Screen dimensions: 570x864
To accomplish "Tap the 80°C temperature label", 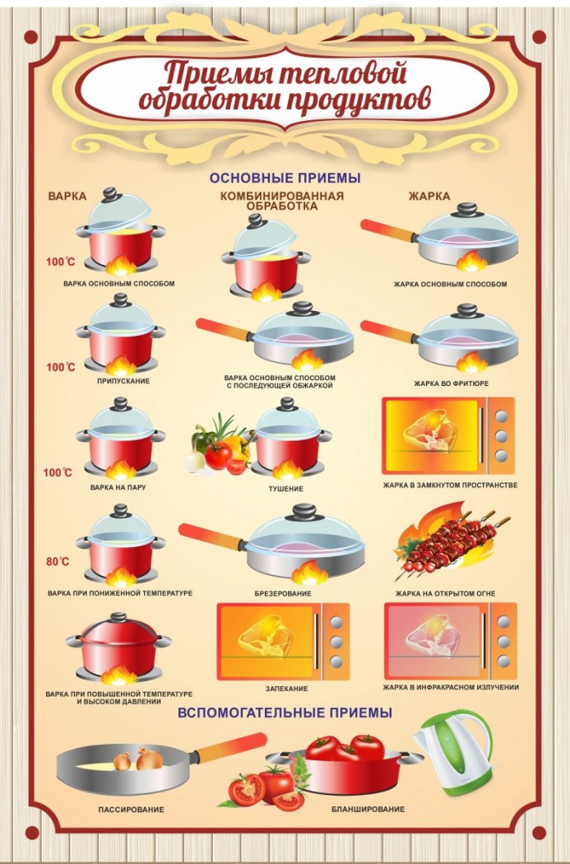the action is pyautogui.click(x=58, y=561).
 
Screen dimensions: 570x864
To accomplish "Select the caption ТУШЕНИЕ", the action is pyautogui.click(x=286, y=488).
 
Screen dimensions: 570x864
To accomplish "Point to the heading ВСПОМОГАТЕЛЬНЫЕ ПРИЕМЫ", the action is pyautogui.click(x=285, y=713).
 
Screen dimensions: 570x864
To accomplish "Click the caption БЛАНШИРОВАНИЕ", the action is pyautogui.click(x=368, y=809).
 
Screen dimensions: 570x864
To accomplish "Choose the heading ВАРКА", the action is pyautogui.click(x=67, y=196).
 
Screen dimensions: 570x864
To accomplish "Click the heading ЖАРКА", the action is pyautogui.click(x=429, y=196).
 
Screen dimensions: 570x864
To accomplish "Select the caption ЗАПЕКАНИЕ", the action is pyautogui.click(x=286, y=688).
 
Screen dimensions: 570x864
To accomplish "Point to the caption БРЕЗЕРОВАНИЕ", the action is pyautogui.click(x=282, y=593).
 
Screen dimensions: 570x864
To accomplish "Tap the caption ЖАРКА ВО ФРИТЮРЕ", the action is pyautogui.click(x=451, y=383).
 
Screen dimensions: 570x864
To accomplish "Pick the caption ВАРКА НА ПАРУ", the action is pyautogui.click(x=118, y=487).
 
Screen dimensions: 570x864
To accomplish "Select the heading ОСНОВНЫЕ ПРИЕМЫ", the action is pyautogui.click(x=285, y=178).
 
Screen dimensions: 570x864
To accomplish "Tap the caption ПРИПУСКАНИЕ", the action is pyautogui.click(x=123, y=381).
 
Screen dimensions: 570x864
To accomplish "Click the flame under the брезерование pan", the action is pyautogui.click(x=309, y=572).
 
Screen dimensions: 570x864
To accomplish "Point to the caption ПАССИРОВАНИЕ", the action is pyautogui.click(x=131, y=810).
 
